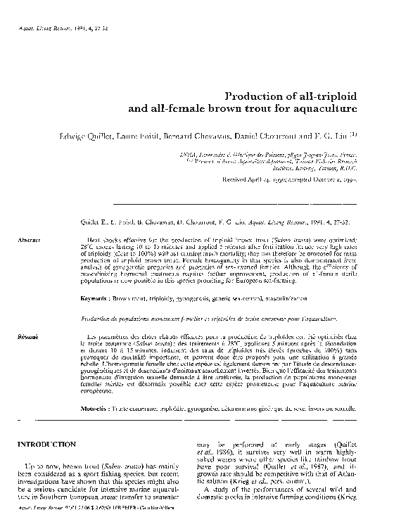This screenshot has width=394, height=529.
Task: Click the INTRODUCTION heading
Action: (46, 445)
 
